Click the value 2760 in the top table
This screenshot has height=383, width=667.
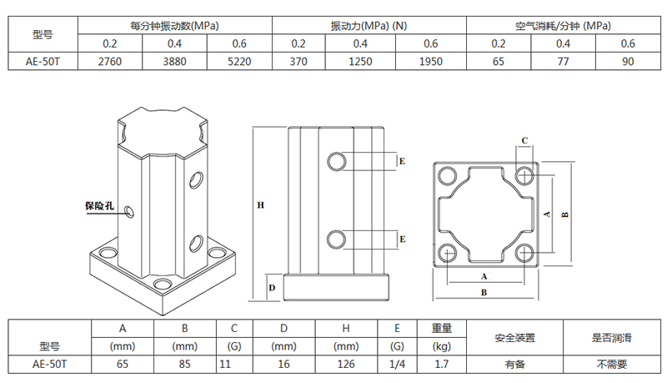110,62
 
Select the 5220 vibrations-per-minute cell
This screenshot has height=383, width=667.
239,62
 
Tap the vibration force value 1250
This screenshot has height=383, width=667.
360,62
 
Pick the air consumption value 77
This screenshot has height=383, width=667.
564,62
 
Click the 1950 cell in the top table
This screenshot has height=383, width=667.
431,62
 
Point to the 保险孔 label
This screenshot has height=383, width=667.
99,206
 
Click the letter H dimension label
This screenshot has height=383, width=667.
261,205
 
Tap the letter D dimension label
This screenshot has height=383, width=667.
273,288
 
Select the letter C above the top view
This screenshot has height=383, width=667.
524,140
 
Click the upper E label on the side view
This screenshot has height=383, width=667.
402,161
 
